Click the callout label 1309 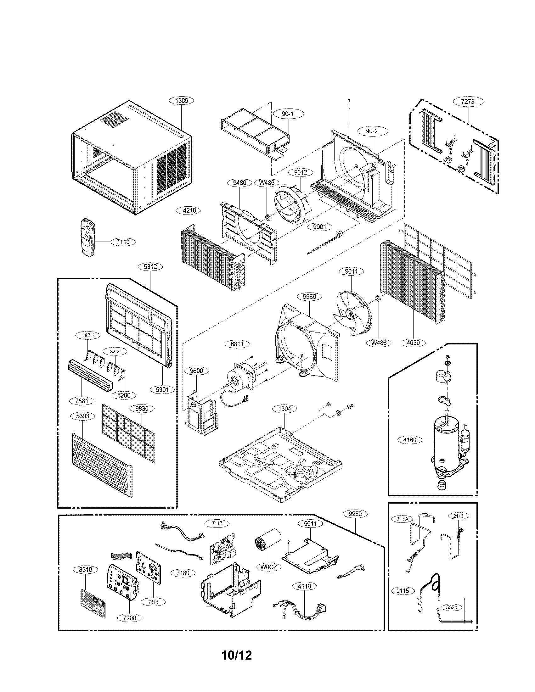click(182, 100)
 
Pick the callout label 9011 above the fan click(351, 271)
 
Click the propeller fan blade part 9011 click(352, 312)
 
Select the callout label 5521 click(452, 607)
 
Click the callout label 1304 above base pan click(284, 409)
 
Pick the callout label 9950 click(355, 514)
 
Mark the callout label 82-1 click(89, 335)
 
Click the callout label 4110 click(304, 586)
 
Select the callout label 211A click(402, 519)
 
